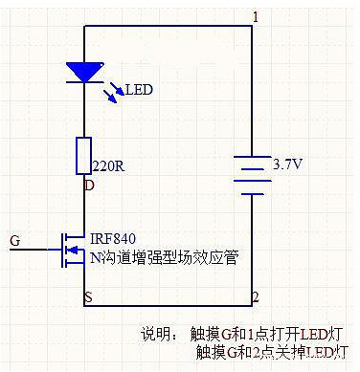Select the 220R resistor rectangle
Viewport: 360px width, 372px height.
click(84, 155)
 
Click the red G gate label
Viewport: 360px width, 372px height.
click(13, 238)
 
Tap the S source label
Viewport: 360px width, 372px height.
click(89, 297)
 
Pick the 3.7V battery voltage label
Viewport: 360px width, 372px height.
click(288, 164)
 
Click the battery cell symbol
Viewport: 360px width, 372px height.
click(252, 175)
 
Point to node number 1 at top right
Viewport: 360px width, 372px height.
click(255, 16)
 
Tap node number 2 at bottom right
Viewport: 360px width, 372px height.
click(255, 297)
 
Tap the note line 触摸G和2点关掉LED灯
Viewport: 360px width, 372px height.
click(271, 353)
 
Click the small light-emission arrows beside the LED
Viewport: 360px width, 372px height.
click(112, 91)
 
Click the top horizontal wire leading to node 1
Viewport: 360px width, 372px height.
click(168, 26)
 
